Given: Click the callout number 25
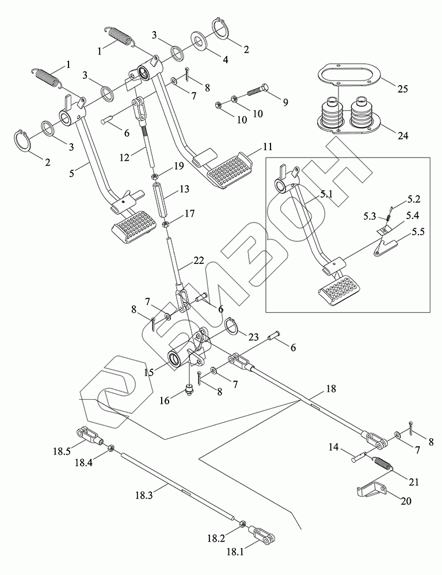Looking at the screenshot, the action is coord(403,89).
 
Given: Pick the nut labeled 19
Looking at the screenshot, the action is coord(155,176).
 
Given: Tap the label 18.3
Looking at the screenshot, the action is coord(144,496).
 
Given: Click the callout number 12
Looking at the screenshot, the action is coord(124,158).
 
